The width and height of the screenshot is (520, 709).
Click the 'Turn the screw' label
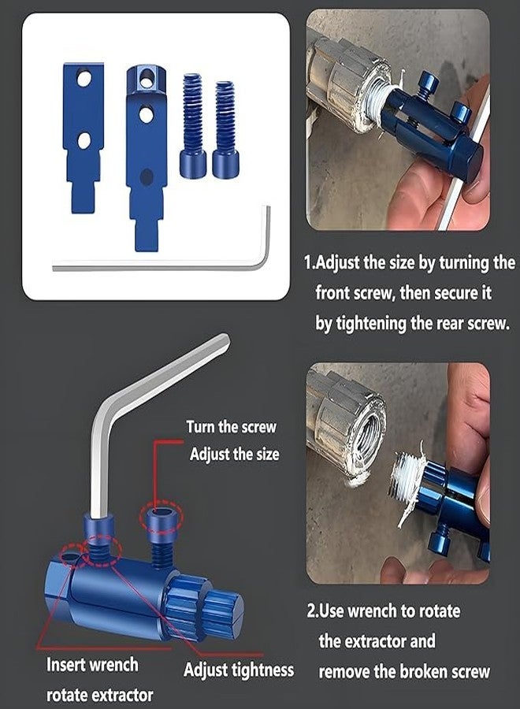click(231, 427)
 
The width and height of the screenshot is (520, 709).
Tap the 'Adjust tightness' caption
click(239, 670)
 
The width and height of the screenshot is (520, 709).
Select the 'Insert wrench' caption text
click(92, 665)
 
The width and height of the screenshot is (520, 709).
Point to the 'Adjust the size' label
click(234, 454)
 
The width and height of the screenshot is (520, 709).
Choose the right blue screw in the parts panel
click(225, 129)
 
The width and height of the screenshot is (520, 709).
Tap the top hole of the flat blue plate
click(84, 79)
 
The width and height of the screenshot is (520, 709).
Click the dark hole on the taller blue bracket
click(146, 176)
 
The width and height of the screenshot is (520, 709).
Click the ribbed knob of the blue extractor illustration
click(206, 608)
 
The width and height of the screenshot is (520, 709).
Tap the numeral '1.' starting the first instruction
click(310, 262)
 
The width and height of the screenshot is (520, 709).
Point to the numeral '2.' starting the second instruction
click(313, 611)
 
